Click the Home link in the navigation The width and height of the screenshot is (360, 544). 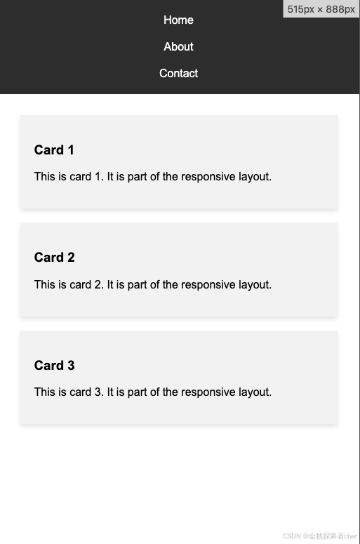coord(178,20)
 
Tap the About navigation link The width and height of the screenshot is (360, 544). coord(178,46)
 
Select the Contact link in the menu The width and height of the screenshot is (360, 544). coord(178,73)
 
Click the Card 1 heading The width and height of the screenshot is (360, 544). coord(54,150)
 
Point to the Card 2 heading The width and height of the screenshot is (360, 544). coord(54,258)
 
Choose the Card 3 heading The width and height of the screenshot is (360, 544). coord(54,365)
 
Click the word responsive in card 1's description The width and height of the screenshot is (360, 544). coord(208,177)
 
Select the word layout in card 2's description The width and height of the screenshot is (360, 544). coord(255,285)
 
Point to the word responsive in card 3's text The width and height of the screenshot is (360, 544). coord(208,392)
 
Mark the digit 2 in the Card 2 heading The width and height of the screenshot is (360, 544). coord(71,258)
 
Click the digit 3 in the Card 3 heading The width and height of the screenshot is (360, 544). coord(71,365)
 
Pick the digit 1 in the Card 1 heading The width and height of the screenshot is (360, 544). coord(71,150)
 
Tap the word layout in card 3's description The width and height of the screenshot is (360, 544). coord(255,392)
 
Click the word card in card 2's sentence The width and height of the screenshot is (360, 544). coord(80,284)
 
